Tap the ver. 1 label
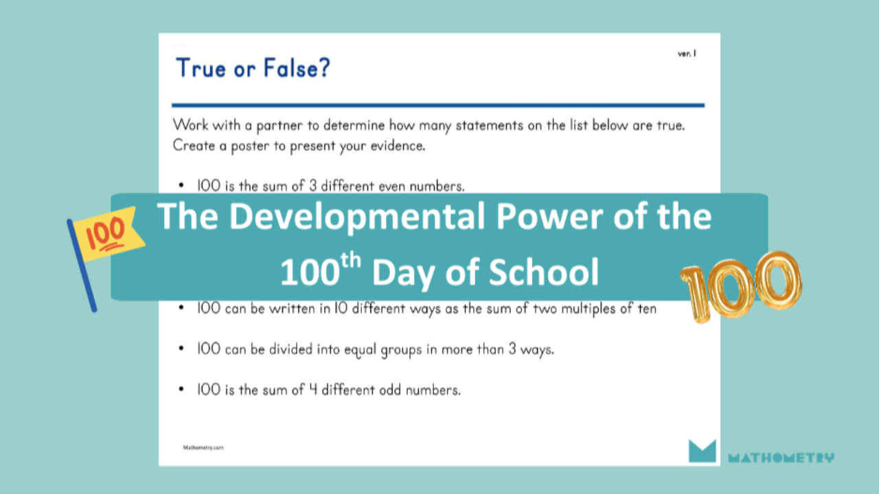(x=687, y=54)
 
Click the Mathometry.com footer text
(x=203, y=447)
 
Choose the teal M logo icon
(x=702, y=451)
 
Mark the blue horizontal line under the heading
(x=438, y=106)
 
